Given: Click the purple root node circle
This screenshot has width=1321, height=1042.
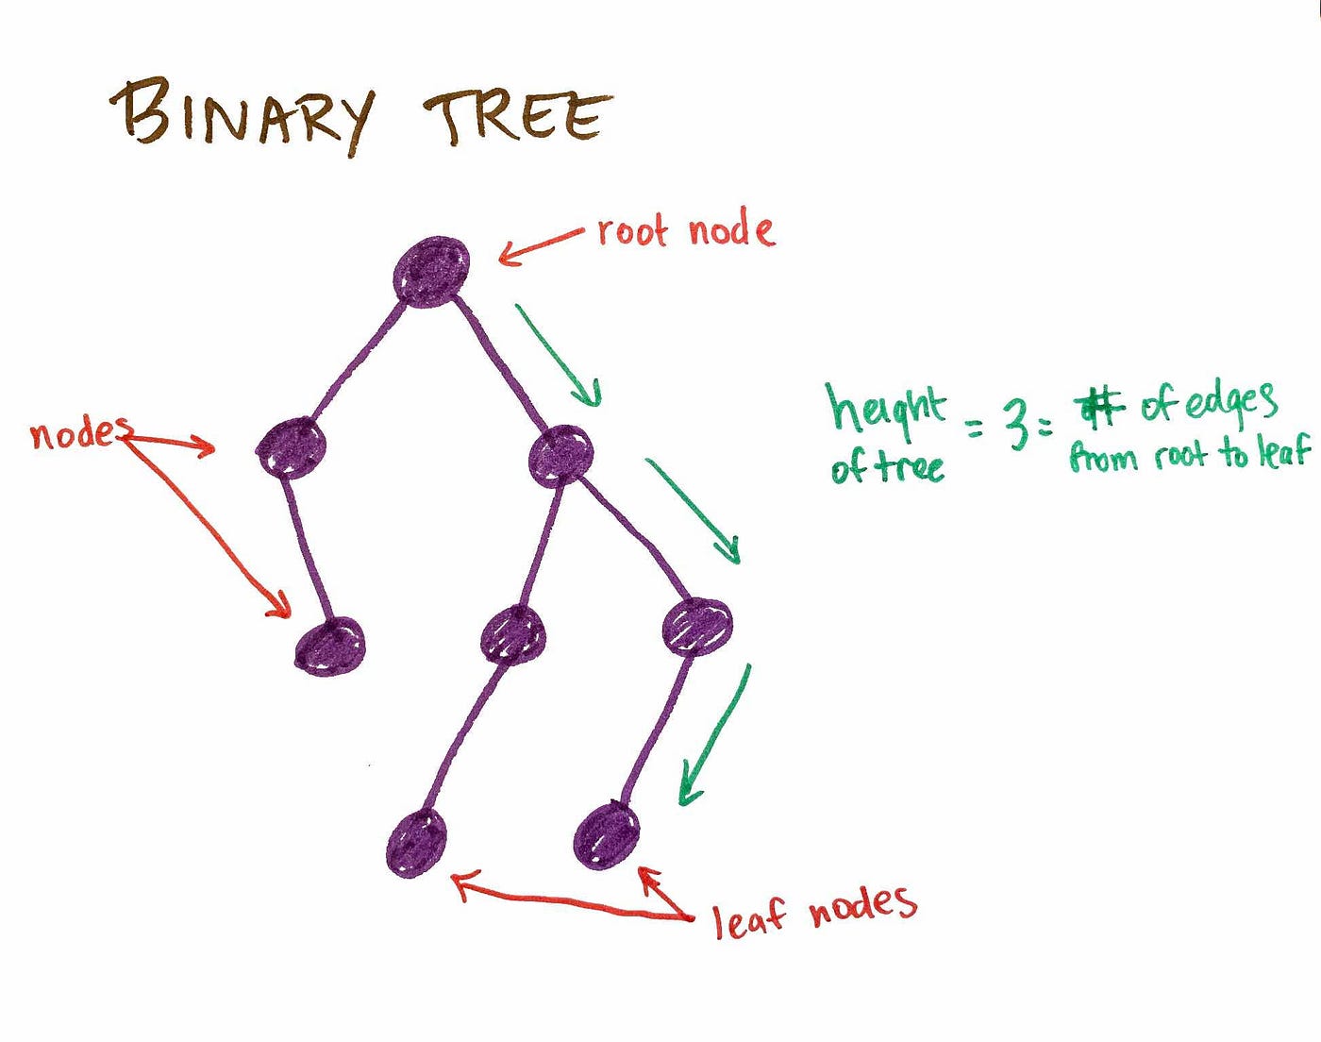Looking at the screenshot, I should click(432, 272).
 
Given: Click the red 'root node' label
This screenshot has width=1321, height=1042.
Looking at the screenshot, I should click(685, 230).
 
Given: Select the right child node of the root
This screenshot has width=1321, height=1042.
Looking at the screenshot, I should click(561, 455).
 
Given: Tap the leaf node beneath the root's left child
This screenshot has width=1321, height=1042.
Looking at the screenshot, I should click(330, 647).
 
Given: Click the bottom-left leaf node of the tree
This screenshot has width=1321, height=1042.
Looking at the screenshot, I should click(416, 843).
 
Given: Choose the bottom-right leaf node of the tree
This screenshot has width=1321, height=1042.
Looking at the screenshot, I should click(606, 834).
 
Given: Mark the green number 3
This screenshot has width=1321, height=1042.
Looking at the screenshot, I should click(1015, 424).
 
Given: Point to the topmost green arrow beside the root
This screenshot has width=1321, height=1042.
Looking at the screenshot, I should click(559, 355).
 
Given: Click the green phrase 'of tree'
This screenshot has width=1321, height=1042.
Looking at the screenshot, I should click(887, 466).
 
